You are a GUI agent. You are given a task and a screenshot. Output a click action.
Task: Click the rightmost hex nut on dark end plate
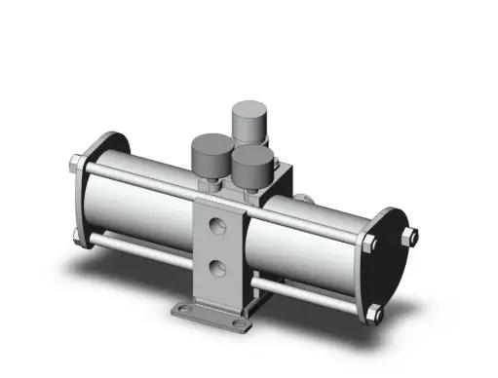pos(413,235)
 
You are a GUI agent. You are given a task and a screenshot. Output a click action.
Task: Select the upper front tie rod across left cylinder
pos(136,177)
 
